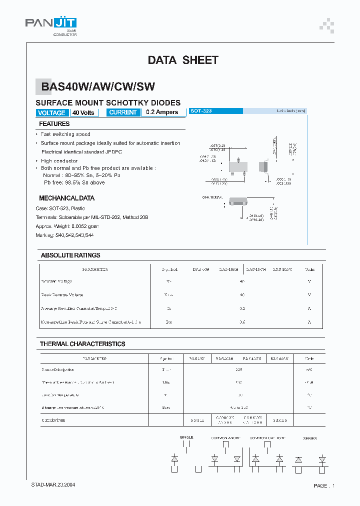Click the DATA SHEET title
click(183, 60)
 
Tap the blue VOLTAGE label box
click(51, 112)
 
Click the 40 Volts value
click(83, 112)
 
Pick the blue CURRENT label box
click(123, 112)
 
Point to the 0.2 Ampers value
click(161, 112)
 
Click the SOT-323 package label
click(201, 111)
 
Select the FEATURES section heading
click(54, 124)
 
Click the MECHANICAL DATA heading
click(66, 198)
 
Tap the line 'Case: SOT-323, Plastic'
click(60, 208)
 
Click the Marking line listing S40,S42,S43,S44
click(64, 235)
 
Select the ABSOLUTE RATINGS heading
click(70, 255)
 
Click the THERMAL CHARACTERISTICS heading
click(82, 344)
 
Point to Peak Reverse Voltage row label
click(62, 295)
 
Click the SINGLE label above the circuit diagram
click(186, 437)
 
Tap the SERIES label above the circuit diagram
click(309, 438)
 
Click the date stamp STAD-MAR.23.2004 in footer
click(53, 485)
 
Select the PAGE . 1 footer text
click(324, 485)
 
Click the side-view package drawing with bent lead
click(263, 166)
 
